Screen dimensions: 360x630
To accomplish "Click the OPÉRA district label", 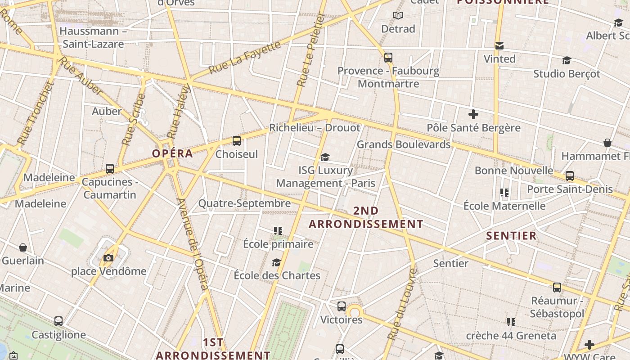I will click(172, 153).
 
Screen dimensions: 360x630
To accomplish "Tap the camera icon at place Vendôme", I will click(108, 258).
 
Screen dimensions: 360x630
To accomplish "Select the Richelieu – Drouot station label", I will click(315, 128).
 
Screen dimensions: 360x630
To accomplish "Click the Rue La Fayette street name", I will click(245, 57).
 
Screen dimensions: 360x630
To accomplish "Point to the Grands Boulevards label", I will click(403, 144).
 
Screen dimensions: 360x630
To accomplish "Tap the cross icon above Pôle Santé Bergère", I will click(473, 114).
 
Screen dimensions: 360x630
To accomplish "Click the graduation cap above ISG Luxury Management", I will click(325, 157).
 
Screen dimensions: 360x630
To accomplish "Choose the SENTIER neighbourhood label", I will click(511, 236).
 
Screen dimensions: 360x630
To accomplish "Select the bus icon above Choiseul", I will click(237, 141).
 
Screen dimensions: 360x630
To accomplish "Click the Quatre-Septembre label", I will click(244, 203).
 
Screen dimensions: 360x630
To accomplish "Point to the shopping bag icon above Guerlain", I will click(23, 247).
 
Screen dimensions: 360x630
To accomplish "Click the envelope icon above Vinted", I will click(499, 46).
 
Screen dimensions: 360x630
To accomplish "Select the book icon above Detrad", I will click(398, 16).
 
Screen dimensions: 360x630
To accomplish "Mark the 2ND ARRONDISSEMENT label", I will click(366, 217).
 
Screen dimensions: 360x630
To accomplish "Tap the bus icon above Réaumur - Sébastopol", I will click(557, 287).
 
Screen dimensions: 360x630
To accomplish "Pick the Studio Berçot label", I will click(567, 74).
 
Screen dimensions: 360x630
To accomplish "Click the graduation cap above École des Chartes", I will click(276, 262).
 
